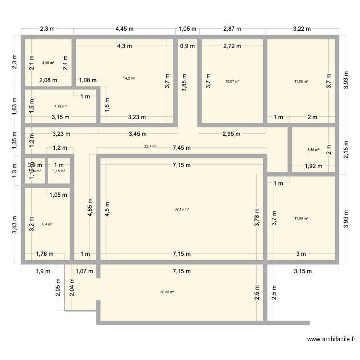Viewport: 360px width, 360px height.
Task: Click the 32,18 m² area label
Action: [x=182, y=209]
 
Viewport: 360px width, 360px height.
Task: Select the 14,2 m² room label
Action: [x=129, y=78]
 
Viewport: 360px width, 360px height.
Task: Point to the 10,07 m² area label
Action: [x=232, y=81]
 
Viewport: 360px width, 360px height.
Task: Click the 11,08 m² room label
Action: [x=301, y=81]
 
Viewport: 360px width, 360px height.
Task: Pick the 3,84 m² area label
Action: [x=313, y=150]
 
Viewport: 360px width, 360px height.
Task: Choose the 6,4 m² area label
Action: [x=47, y=224]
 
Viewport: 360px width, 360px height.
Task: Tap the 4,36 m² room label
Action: [x=48, y=63]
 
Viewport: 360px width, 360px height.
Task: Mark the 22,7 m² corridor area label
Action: [x=150, y=146]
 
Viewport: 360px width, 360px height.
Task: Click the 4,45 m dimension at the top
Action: [x=124, y=29]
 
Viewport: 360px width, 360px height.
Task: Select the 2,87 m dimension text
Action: [x=233, y=29]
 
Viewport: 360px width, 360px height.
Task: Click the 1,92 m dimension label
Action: [x=313, y=166]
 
